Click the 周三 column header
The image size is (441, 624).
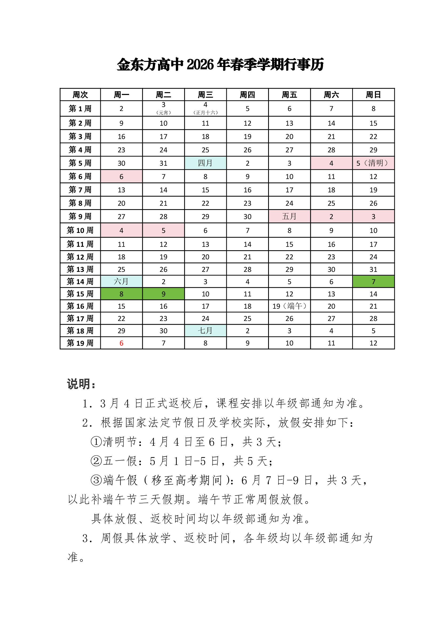tap(205, 95)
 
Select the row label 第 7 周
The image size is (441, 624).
tap(80, 189)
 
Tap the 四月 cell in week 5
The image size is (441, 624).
tap(205, 163)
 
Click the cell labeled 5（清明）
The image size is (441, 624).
tap(373, 163)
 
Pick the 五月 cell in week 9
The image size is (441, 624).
tap(289, 216)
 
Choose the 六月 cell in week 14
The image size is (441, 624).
tap(121, 281)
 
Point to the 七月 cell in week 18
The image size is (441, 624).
tap(205, 331)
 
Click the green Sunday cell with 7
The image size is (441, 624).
tap(373, 281)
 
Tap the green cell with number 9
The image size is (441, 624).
tap(163, 294)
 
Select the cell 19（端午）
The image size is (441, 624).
tap(289, 306)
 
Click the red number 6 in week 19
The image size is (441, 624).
tap(121, 343)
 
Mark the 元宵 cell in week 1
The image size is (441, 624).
tap(163, 108)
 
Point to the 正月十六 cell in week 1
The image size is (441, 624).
tap(205, 108)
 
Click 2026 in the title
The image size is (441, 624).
tap(200, 65)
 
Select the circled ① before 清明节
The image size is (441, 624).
tap(96, 442)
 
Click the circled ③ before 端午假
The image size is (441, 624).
tap(96, 480)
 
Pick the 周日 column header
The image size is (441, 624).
tap(373, 95)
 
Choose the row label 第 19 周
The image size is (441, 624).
tap(80, 343)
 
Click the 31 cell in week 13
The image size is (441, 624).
tap(373, 269)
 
